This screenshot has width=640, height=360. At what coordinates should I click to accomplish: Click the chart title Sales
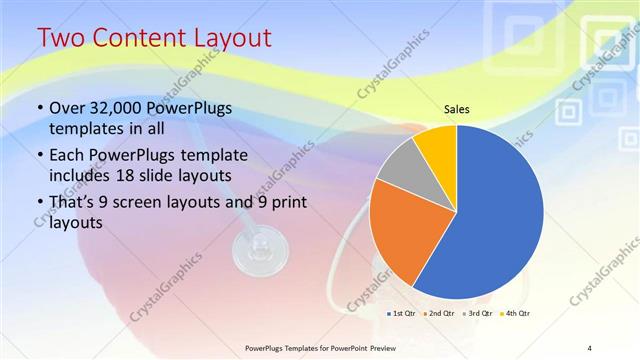(x=456, y=109)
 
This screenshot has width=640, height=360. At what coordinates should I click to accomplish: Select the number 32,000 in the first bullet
(x=115, y=108)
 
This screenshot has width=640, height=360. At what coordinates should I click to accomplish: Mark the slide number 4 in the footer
(x=589, y=347)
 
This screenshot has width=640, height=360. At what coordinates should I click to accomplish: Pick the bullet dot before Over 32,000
(x=39, y=108)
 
